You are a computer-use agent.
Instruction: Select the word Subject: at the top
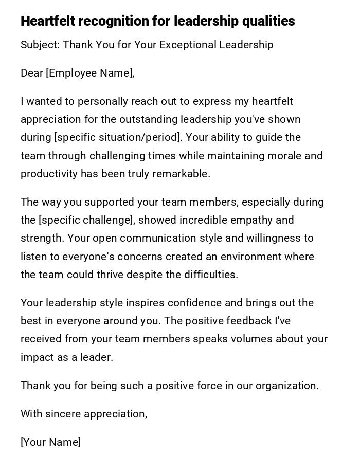point(40,45)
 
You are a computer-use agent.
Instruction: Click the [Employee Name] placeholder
point(90,73)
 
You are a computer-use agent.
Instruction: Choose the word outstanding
point(148,119)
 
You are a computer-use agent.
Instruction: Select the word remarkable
point(183,174)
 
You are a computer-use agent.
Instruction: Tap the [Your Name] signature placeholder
point(50,442)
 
